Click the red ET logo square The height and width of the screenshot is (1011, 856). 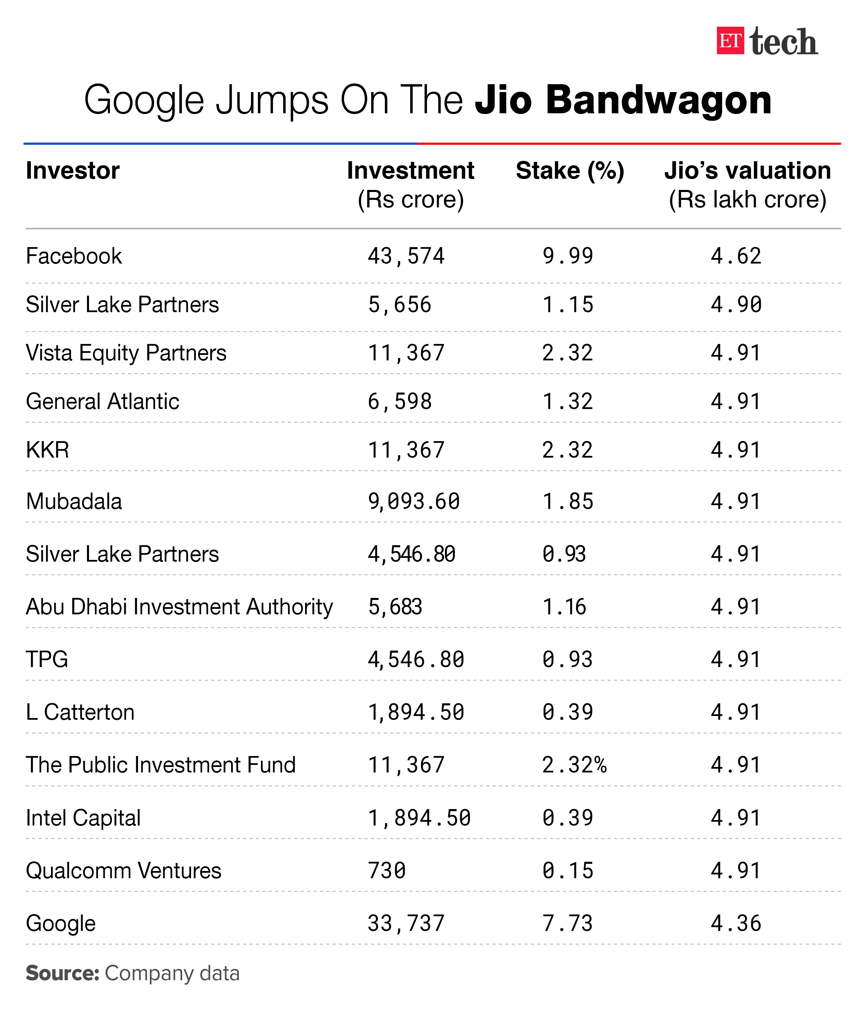[730, 40]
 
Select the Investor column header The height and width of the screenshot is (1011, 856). [73, 171]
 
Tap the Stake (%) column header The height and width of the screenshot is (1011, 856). [570, 171]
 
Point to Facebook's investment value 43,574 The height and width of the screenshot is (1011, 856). [406, 256]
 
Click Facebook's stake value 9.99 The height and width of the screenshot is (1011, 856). [567, 256]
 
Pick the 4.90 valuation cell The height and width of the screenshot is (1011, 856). [736, 305]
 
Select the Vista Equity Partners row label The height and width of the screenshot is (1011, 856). [126, 353]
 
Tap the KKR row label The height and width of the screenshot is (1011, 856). [48, 450]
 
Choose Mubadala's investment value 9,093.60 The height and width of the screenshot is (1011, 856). [413, 501]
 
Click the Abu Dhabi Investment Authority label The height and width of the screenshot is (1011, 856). [179, 606]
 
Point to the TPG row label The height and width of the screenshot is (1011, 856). [47, 659]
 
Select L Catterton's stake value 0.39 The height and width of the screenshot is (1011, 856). [567, 712]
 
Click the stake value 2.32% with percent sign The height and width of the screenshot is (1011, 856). [574, 765]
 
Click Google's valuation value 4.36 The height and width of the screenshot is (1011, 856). [736, 923]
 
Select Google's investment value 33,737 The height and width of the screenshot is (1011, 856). [406, 923]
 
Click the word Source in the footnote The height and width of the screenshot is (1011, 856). [62, 973]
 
